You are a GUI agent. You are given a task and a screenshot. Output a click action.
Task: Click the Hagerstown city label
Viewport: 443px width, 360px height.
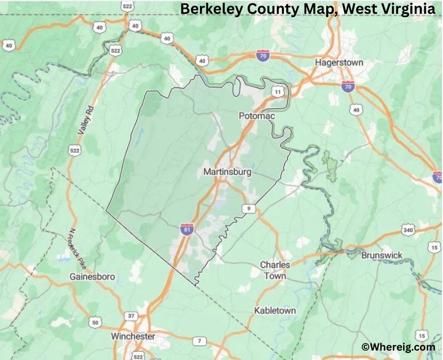tap(339, 63)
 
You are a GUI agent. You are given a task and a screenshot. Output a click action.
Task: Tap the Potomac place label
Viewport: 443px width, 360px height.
tap(256, 116)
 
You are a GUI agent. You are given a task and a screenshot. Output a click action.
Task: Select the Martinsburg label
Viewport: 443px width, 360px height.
tap(227, 172)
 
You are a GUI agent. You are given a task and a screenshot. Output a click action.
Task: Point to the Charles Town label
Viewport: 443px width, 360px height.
tap(275, 270)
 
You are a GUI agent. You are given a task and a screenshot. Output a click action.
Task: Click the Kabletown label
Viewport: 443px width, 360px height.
tap(275, 311)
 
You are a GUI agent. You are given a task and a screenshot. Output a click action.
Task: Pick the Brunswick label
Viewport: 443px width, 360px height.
tap(382, 255)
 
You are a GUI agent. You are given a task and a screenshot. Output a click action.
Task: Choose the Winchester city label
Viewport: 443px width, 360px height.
tap(133, 336)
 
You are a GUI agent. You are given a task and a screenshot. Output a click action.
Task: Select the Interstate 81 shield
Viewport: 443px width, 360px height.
tap(187, 229)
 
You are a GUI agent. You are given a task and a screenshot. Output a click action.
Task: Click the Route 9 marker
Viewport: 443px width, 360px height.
tap(249, 208)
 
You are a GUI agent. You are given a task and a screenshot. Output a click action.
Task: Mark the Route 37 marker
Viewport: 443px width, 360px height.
tap(131, 316)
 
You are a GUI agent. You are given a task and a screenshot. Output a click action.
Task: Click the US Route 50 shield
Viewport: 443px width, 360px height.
tap(95, 322)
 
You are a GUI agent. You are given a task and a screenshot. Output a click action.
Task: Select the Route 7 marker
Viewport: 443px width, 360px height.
tap(199, 340)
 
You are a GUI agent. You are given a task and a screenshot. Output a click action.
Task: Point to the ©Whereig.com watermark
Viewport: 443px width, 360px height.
tap(398, 347)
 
